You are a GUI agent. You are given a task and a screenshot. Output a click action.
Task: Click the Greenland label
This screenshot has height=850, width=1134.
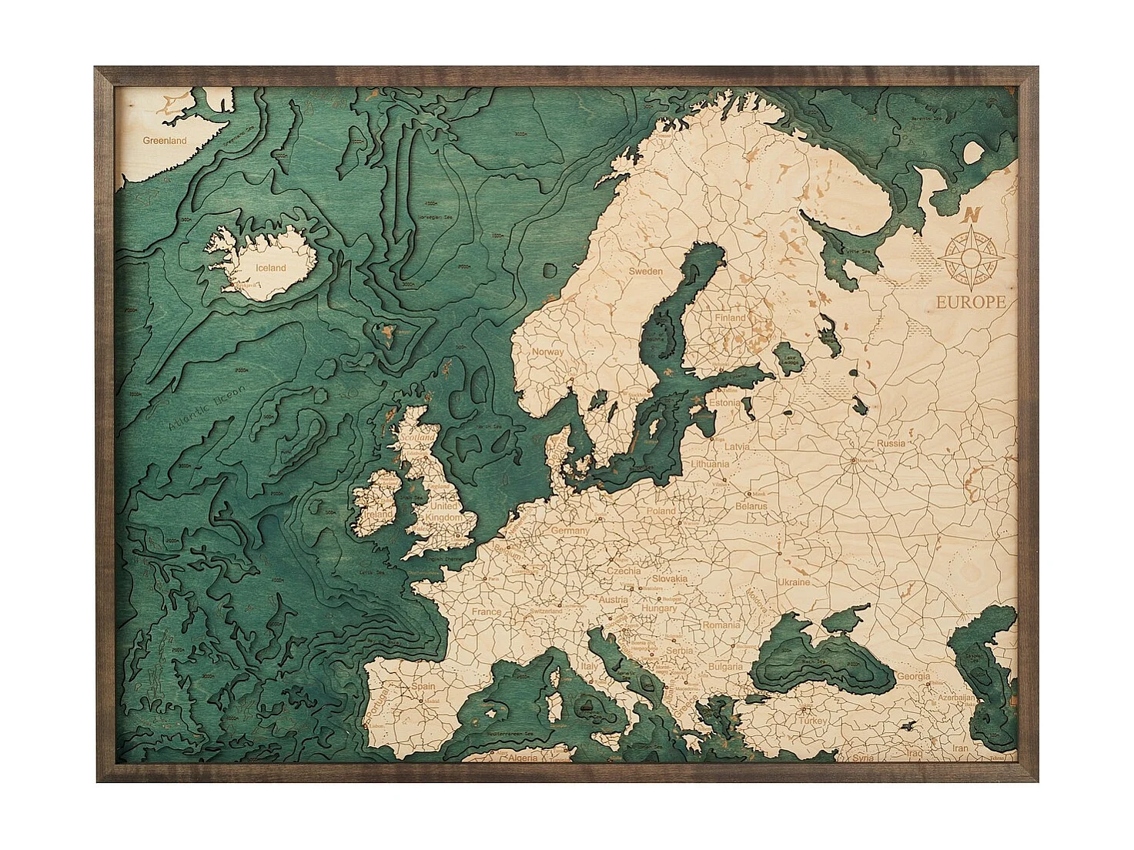[x=165, y=141]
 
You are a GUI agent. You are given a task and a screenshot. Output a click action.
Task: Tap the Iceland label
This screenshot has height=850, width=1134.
[x=271, y=268]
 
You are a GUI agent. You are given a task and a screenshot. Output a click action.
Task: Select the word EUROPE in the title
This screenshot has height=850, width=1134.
[x=970, y=302]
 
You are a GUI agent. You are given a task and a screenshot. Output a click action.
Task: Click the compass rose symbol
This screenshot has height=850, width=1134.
[x=972, y=254]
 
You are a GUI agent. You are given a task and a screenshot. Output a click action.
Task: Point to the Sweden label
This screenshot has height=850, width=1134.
[x=645, y=271]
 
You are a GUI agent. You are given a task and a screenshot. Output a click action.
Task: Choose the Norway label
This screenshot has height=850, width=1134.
[x=548, y=352]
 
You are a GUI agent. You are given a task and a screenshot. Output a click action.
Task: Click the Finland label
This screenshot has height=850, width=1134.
[x=729, y=317]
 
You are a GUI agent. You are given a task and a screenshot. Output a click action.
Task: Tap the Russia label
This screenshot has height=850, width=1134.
[x=891, y=443]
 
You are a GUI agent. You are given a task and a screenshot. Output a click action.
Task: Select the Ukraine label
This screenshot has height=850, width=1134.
[x=794, y=582]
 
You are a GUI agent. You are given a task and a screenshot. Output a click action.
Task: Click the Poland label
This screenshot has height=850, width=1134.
[x=661, y=510]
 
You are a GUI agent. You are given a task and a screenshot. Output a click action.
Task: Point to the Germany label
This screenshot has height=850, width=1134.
[x=570, y=531]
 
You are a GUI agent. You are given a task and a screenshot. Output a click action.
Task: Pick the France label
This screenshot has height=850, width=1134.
[x=487, y=612]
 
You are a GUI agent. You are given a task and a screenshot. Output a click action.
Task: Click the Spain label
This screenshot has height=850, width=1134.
[x=423, y=686]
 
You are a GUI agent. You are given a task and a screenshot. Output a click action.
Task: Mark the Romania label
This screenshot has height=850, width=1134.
[x=721, y=625]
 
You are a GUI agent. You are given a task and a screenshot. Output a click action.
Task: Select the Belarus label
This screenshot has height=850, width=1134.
[x=751, y=507]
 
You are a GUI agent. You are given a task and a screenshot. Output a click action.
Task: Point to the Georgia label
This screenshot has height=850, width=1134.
[x=913, y=676]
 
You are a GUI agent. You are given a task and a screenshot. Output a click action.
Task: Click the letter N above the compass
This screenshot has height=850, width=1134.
[x=973, y=216]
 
